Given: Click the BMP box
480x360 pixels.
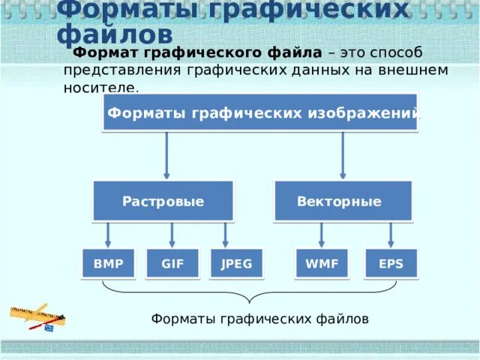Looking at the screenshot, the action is tap(109, 263).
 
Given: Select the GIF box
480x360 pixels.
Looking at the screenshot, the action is tap(172, 263).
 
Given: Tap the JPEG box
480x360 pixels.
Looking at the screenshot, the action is tap(236, 263).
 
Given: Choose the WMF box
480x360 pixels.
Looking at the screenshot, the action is tap(322, 263).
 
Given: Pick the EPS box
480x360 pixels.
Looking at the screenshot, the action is tap(391, 263).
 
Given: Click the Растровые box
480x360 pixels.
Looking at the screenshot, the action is tap(163, 201).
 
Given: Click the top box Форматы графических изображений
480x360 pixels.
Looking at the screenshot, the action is tap(260, 112).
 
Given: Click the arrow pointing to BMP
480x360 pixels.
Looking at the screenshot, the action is tap(109, 234).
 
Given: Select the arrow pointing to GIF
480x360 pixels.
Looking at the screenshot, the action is tap(172, 234).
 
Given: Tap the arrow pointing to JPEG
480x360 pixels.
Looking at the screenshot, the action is tap(223, 234).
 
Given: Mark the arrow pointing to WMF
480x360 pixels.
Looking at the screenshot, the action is tap(322, 234).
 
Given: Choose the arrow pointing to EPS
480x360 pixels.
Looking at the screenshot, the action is tap(391, 234).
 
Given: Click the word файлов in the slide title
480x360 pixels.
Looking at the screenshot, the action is tap(115, 34).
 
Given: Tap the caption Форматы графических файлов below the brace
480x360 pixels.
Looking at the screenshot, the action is tap(259, 319).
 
